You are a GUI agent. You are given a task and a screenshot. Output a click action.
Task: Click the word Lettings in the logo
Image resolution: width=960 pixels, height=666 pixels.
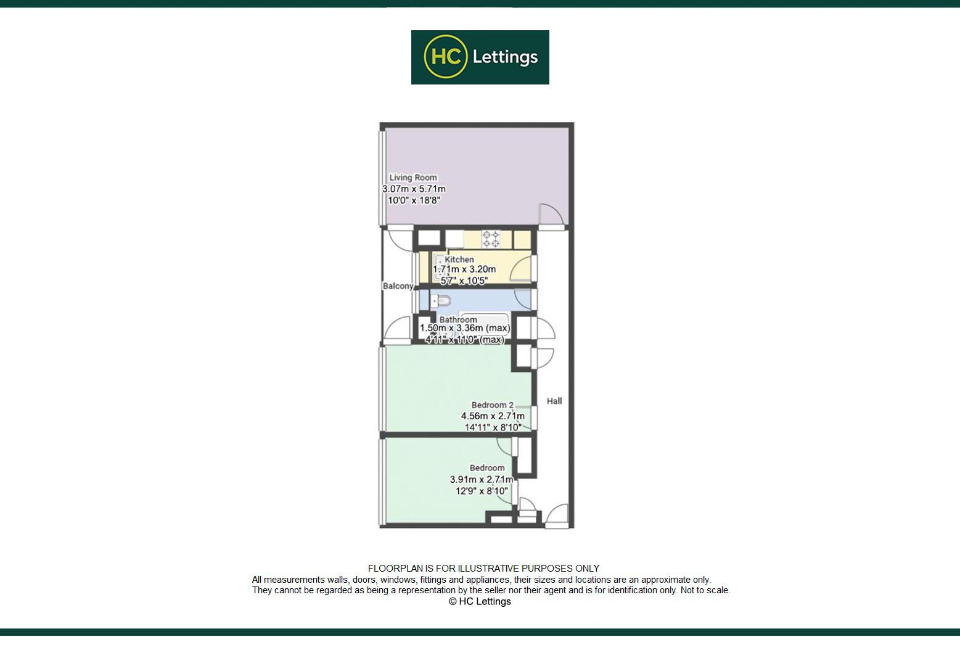pos(505,57)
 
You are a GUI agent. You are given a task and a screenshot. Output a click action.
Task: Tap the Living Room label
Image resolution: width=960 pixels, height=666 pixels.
pos(413,178)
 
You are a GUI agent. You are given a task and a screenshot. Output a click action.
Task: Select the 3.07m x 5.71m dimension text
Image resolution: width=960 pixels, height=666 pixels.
pos(414,189)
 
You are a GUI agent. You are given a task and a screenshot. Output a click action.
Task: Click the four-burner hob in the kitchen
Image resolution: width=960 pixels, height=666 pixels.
pos(491,239)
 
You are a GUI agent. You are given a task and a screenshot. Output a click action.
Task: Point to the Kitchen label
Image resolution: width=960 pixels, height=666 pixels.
pos(459,260)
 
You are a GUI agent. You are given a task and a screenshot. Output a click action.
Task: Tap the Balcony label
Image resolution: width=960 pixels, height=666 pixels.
pos(398,286)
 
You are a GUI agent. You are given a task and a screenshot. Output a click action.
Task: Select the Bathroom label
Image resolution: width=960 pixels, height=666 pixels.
pos(458,319)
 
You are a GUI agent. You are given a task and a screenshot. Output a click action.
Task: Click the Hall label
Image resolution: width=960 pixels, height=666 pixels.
pos(554,401)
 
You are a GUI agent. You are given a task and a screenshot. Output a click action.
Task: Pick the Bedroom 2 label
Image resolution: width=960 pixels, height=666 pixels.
pos(492,405)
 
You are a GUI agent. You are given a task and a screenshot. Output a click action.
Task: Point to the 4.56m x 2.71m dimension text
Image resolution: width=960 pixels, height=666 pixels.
pos(493,416)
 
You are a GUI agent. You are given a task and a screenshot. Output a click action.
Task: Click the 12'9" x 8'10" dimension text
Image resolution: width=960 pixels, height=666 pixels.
pos(482,491)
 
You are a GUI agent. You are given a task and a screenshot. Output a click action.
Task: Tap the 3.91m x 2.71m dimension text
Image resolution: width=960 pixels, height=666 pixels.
pos(482,479)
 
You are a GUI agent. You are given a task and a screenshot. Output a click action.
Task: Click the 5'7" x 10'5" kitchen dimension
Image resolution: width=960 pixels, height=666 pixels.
pos(464,281)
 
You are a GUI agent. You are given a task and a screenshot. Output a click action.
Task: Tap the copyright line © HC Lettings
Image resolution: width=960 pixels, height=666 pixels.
pos(480,601)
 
